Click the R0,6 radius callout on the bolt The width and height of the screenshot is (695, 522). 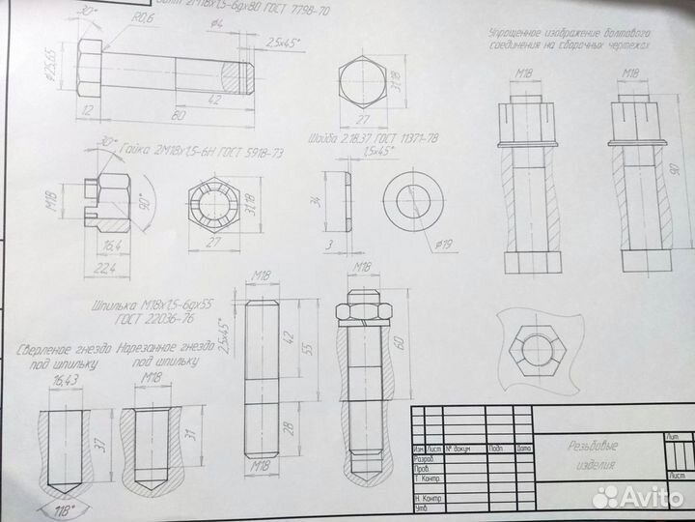(143, 18)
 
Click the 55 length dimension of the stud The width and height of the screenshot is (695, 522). (309, 345)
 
